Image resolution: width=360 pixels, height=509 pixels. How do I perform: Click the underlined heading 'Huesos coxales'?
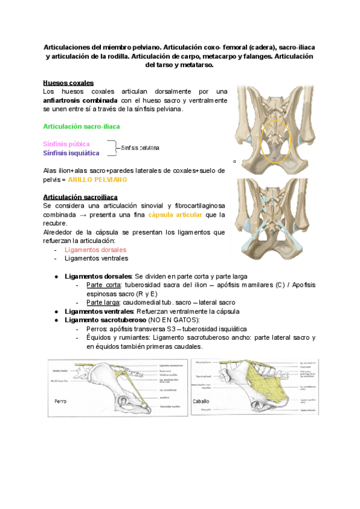point(68,82)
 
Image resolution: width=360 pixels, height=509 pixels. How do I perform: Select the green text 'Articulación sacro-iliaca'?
point(81,127)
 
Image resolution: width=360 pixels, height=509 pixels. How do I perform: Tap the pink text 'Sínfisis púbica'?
point(67,144)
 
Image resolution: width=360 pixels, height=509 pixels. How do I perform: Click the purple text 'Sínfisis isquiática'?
point(71,152)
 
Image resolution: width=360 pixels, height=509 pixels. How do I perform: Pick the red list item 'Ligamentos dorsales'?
point(95,250)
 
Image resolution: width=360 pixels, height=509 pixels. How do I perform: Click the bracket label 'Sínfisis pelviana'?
point(140,148)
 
